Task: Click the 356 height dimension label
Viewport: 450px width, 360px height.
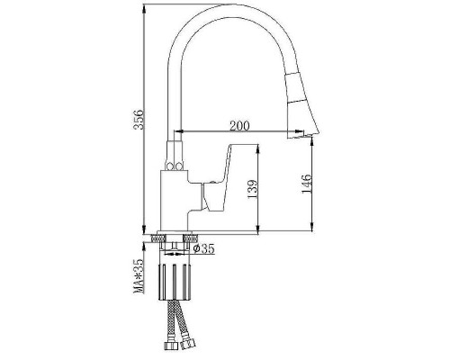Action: click(x=139, y=120)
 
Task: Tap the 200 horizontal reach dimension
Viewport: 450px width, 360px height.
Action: click(x=239, y=126)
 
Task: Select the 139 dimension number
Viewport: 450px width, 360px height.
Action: click(x=252, y=189)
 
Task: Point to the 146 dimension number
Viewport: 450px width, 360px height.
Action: click(x=307, y=184)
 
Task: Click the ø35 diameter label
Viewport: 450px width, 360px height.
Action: click(x=204, y=248)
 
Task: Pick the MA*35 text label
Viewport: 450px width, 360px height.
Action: click(x=139, y=276)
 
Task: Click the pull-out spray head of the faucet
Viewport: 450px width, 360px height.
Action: click(x=301, y=105)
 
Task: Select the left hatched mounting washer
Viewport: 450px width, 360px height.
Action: click(x=158, y=238)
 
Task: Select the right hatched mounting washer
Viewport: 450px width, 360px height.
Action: click(x=191, y=238)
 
